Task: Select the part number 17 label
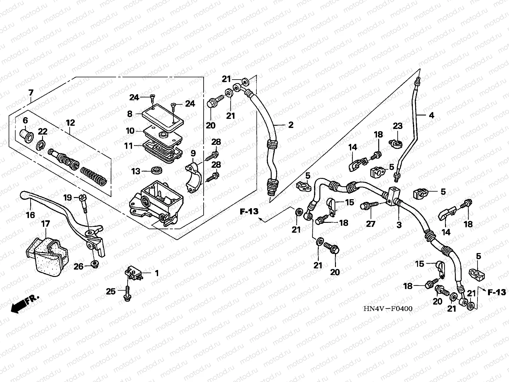point(46,224)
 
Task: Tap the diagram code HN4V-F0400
point(388,308)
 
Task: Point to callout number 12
point(70,122)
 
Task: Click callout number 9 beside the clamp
point(193,153)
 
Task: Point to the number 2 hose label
point(291,125)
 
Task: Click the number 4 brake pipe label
point(431,115)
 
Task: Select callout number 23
point(398,126)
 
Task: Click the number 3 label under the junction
point(399,225)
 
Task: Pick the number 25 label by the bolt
point(110,291)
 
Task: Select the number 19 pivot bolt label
point(67,198)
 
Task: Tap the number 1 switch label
point(156,273)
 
